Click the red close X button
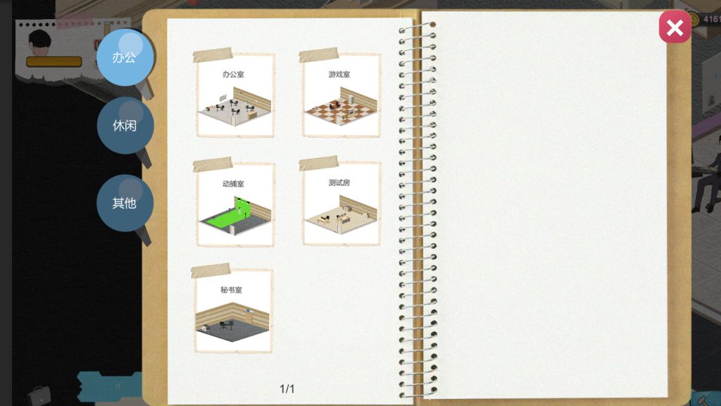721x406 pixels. pos(675,27)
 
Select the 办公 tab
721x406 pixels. pos(124,57)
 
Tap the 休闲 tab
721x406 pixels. pos(124,126)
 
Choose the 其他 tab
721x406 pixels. pos(124,203)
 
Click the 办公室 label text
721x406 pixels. pos(233,73)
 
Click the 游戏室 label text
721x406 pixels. pos(339,73)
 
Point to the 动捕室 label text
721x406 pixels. pos(233,183)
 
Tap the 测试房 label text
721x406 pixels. pos(339,183)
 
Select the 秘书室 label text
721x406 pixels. pos(232,290)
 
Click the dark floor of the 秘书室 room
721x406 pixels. pos(225,331)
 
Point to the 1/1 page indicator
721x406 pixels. pos(287,389)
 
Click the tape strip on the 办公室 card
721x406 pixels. pos(213,55)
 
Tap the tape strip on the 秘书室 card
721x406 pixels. pos(211,270)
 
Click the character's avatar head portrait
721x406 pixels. pos(41,40)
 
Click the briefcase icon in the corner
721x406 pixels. pos(39,394)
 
